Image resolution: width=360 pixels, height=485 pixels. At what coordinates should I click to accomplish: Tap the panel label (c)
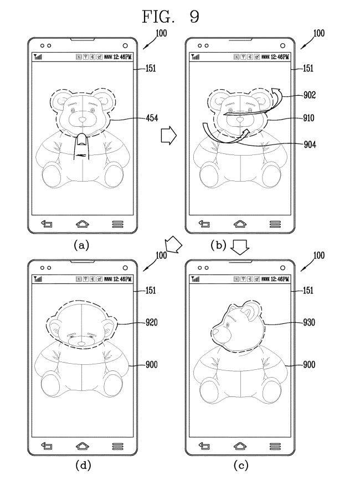[x=240, y=465]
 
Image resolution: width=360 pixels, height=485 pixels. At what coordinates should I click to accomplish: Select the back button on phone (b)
[x=204, y=224]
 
